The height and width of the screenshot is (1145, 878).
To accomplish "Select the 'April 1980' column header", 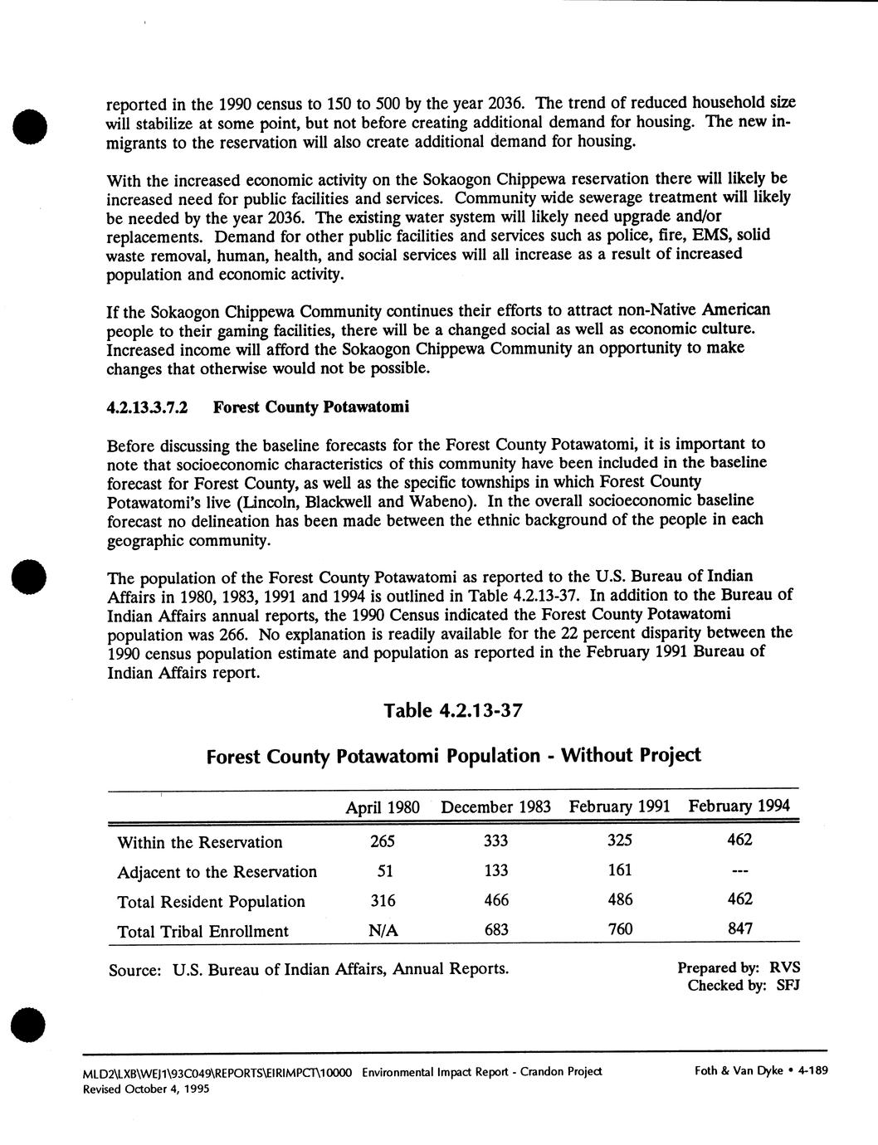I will (383, 807).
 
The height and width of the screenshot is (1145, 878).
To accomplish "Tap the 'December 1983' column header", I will (495, 807).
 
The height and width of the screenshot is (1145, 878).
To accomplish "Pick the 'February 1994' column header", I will (739, 806).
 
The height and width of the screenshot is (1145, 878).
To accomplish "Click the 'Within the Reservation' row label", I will (200, 842).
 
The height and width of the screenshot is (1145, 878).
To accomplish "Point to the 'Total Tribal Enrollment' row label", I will (203, 931).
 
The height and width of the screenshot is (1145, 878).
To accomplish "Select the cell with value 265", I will (383, 841).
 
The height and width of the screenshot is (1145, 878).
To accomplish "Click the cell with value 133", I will (495, 870).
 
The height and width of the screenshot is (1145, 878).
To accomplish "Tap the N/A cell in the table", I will (383, 931).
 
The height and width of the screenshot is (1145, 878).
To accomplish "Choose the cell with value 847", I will (739, 928).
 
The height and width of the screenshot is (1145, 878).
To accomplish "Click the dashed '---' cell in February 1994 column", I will (739, 871).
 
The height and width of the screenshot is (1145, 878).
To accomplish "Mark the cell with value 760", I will (620, 929).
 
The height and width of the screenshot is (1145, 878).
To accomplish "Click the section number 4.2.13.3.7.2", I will (149, 408).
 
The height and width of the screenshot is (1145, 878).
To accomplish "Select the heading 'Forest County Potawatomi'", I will (311, 408).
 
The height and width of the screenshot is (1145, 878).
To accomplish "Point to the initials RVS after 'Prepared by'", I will (784, 967).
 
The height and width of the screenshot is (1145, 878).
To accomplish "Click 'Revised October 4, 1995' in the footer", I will (146, 1089).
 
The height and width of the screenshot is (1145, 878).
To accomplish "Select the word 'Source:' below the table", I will (134, 970).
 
